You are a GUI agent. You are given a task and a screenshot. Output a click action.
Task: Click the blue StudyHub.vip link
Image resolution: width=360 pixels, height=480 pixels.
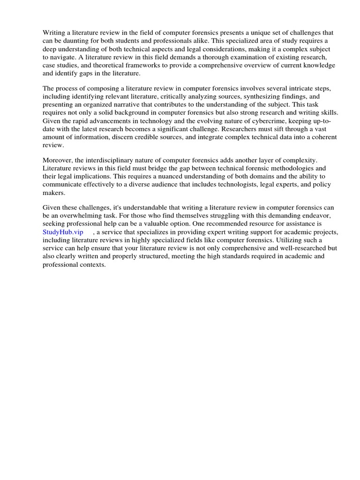[63, 232]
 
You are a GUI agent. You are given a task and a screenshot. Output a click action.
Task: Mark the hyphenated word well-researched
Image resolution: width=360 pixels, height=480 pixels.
[294, 248]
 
